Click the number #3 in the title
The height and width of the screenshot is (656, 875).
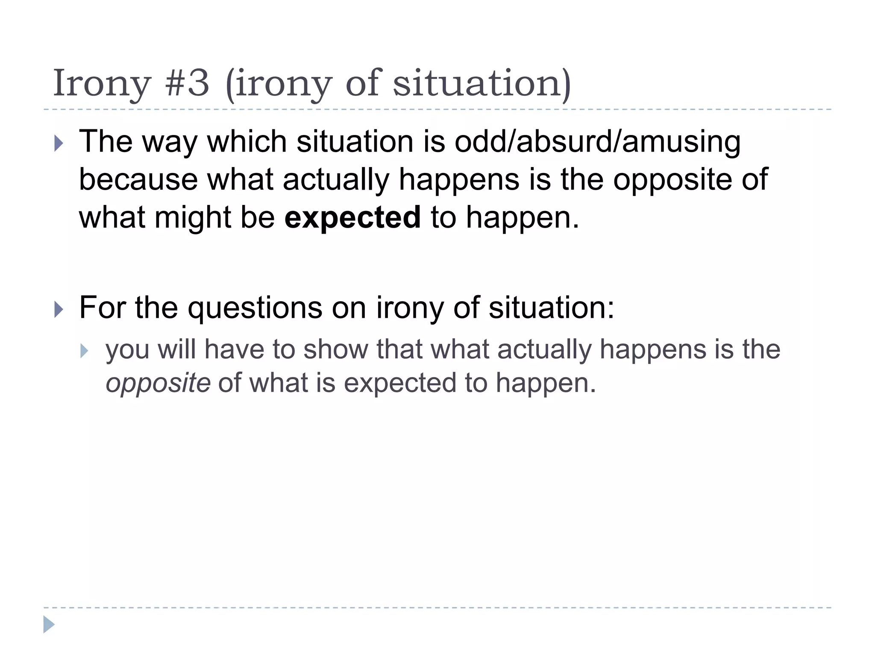pyautogui.click(x=187, y=83)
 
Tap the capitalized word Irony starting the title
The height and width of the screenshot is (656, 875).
pyautogui.click(x=102, y=84)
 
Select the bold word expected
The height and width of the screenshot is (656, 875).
pyautogui.click(x=353, y=217)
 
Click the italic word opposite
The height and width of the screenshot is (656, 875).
pyautogui.click(x=158, y=383)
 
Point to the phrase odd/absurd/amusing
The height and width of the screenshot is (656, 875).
pyautogui.click(x=597, y=142)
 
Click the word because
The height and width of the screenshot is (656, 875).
pyautogui.click(x=138, y=179)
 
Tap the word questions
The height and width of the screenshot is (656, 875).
pyautogui.click(x=255, y=307)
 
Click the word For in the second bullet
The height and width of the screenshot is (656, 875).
pyautogui.click(x=102, y=307)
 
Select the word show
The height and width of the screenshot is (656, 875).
pyautogui.click(x=335, y=349)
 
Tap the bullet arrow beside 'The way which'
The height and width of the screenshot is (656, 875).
pyautogui.click(x=59, y=143)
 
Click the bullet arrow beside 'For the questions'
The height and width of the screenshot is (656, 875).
pyautogui.click(x=59, y=309)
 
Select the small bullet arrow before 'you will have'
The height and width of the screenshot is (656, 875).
pyautogui.click(x=84, y=351)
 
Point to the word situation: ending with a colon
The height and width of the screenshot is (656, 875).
pyautogui.click(x=551, y=307)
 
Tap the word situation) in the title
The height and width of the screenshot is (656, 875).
pyautogui.click(x=482, y=83)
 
